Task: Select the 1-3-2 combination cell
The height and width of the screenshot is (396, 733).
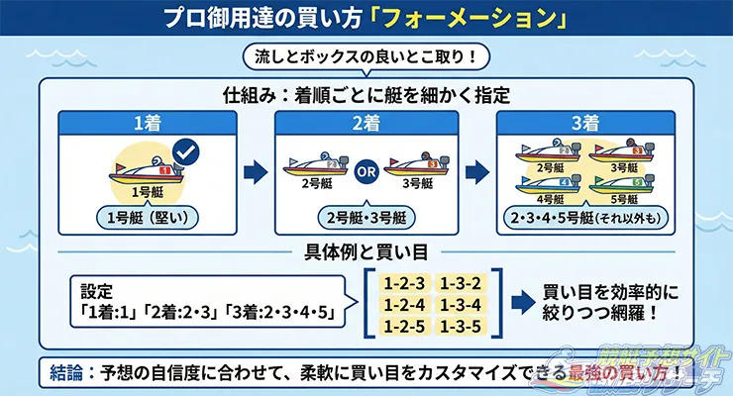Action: click(464, 280)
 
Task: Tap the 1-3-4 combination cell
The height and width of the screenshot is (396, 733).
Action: click(464, 302)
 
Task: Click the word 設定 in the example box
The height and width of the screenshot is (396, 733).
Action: click(99, 294)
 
